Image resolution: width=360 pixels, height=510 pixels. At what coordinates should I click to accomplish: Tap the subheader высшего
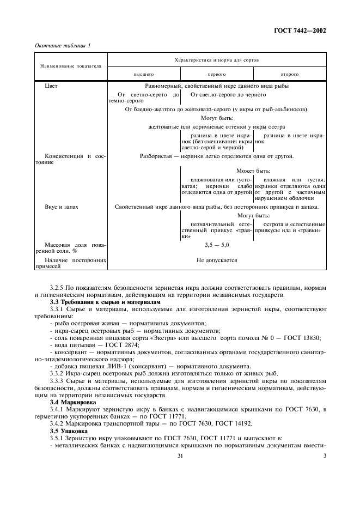click(144, 74)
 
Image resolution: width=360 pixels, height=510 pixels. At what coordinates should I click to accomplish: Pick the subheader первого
click(217, 74)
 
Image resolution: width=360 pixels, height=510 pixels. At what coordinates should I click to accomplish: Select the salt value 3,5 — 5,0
click(217, 246)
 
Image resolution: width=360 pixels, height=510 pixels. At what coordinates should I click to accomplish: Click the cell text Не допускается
click(217, 260)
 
